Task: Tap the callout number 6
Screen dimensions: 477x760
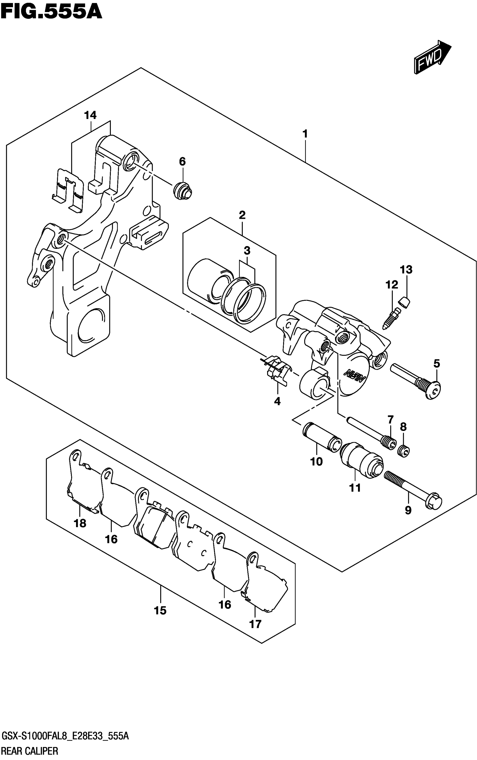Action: [182, 162]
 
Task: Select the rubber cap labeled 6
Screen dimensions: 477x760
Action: [183, 190]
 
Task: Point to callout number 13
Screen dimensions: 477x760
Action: [406, 270]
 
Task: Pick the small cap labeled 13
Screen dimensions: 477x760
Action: [404, 302]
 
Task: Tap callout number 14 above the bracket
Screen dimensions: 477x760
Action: [90, 115]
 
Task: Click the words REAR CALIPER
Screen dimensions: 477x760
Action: [30, 751]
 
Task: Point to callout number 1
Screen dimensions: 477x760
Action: [305, 134]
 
